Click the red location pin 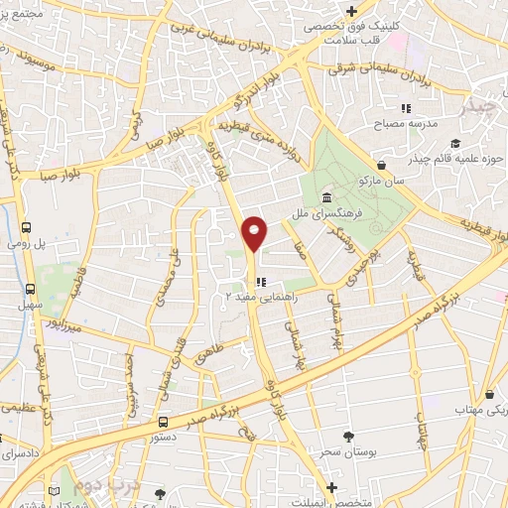(255, 233)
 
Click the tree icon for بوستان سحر (346, 437)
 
